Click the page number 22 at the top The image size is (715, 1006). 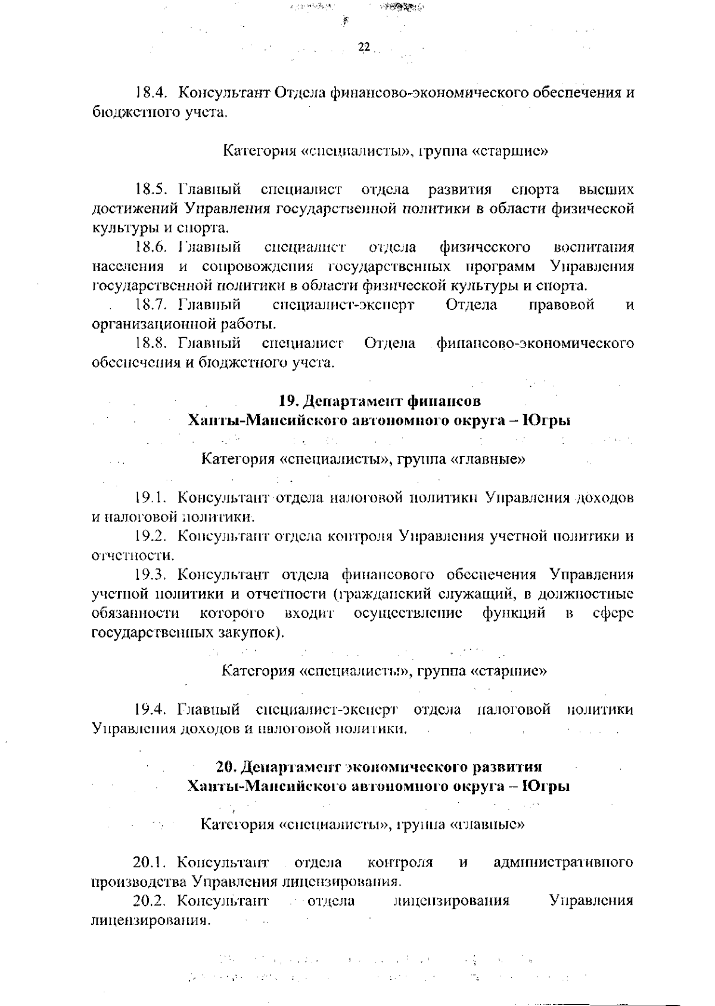(x=364, y=48)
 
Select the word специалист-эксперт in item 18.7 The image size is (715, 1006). (x=343, y=305)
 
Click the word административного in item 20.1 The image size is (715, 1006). (x=564, y=863)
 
